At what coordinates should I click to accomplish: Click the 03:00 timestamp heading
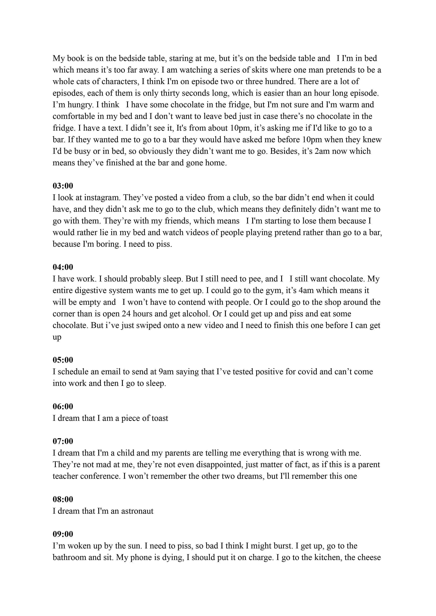63,186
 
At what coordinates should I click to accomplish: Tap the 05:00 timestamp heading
63,360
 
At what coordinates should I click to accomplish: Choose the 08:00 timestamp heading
63,499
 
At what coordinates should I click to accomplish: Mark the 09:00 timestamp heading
63,534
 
